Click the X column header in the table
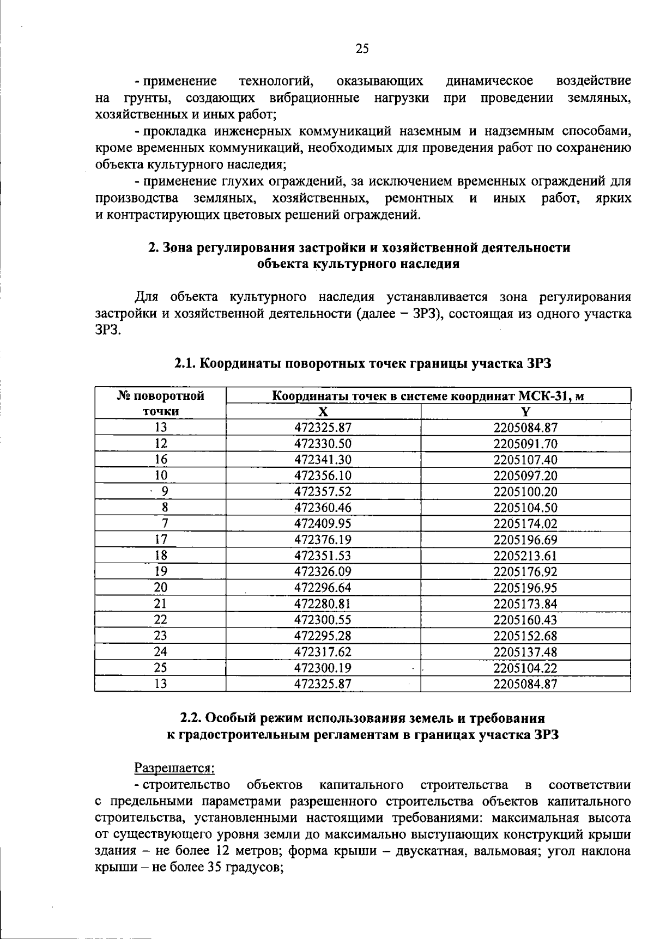323,412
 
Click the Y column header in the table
525,412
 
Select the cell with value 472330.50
323,444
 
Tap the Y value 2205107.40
525,460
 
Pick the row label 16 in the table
161,460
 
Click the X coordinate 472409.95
323,524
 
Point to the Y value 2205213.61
525,556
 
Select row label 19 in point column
161,572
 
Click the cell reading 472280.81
323,604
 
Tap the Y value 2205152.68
525,636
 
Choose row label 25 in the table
161,668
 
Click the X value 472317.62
323,652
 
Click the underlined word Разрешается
174,768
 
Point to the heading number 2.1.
186,364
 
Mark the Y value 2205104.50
525,508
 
